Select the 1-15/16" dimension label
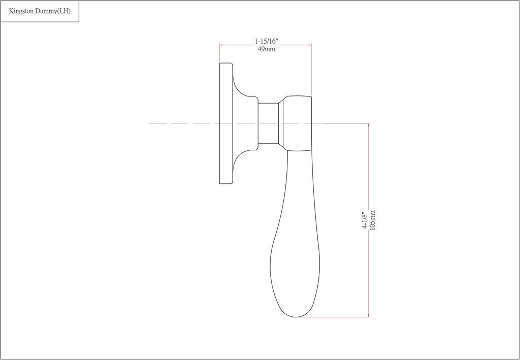pos(266,41)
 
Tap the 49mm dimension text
pos(266,49)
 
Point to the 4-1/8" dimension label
pos(365,220)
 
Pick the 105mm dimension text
pos(373,220)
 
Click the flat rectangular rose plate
pos(226,123)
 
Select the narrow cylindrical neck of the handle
pos(268,123)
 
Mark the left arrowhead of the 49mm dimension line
pos(221,45)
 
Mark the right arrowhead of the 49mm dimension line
pos(309,45)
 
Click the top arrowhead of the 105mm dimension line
pos(368,125)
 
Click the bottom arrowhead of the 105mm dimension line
pos(368,315)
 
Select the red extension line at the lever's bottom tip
pos(335,317)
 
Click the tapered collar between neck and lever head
pos(281,123)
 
